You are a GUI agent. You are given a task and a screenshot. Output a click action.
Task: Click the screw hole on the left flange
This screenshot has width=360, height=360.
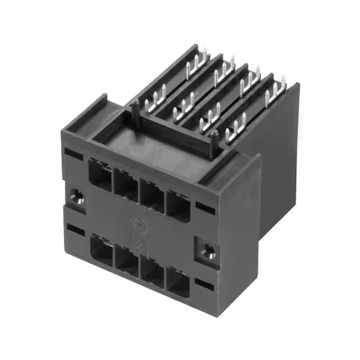point(77,196)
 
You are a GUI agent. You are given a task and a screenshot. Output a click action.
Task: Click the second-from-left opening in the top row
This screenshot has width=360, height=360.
point(125,184)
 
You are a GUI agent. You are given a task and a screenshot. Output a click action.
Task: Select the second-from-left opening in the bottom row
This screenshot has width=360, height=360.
point(127,262)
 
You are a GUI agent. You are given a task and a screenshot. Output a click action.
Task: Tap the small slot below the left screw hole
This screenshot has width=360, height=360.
point(75,229)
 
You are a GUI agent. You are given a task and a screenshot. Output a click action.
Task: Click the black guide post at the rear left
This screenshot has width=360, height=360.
point(136,107)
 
